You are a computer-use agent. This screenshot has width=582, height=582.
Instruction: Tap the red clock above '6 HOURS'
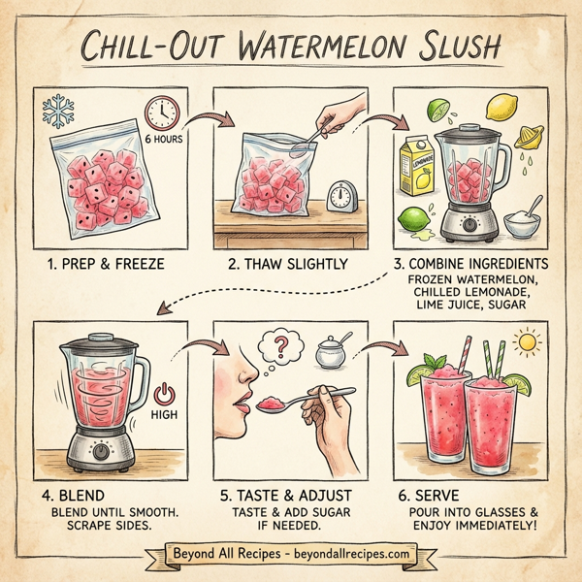pos(161,114)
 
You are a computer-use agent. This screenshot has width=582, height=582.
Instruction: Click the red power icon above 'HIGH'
pos(163,394)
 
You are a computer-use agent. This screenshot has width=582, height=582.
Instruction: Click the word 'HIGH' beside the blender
pos(164,415)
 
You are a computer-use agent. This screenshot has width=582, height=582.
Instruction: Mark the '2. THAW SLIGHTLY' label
pos(289,264)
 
